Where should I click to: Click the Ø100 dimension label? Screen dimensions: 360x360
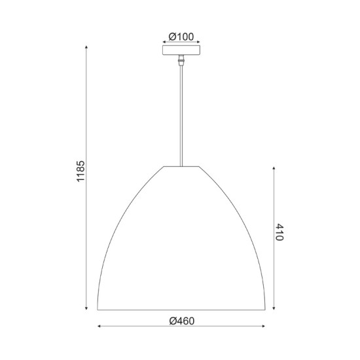click(x=180, y=37)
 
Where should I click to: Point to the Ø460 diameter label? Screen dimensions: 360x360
click(x=182, y=320)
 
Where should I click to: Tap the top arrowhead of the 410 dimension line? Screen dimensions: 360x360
click(x=273, y=168)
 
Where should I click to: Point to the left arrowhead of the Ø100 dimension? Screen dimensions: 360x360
click(x=164, y=43)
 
